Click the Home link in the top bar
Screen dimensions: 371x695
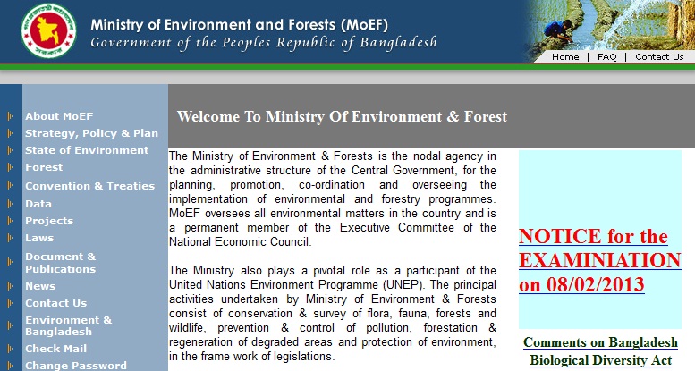(x=565, y=56)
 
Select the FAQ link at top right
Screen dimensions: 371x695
(x=607, y=56)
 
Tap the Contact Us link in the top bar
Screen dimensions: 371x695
(x=659, y=56)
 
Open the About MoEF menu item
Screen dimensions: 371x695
(x=59, y=116)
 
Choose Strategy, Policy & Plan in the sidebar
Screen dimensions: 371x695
(x=91, y=133)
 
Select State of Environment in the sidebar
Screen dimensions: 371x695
(x=87, y=150)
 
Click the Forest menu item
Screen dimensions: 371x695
(x=44, y=167)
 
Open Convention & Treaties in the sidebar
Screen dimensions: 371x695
(x=89, y=186)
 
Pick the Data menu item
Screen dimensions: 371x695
(x=38, y=204)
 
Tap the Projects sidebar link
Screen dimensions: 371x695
(x=49, y=221)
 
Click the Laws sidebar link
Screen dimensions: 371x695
(x=39, y=238)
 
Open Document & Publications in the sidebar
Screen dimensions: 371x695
(x=61, y=263)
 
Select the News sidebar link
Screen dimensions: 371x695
(x=40, y=286)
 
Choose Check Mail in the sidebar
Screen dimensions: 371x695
(x=55, y=349)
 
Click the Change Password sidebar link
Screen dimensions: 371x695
(x=75, y=366)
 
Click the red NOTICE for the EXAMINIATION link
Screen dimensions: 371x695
(x=599, y=260)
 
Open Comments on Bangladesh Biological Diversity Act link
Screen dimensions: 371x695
(x=600, y=350)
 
